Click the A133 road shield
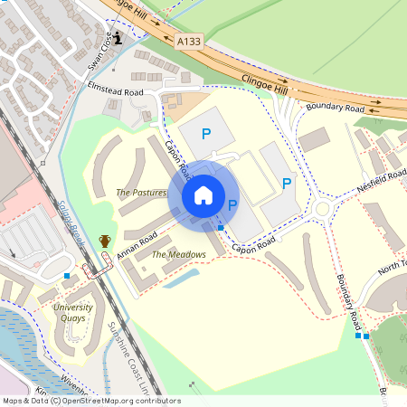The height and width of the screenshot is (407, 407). [190, 41]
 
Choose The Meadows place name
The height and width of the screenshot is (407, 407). [178, 255]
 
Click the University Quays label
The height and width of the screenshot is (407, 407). [72, 313]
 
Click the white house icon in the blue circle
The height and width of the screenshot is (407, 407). [203, 195]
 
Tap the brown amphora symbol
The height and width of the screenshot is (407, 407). [105, 241]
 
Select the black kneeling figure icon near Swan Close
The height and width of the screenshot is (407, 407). [117, 37]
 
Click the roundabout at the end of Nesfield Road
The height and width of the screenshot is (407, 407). [326, 213]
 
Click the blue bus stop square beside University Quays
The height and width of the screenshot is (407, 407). [67, 275]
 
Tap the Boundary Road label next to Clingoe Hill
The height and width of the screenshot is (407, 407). [335, 109]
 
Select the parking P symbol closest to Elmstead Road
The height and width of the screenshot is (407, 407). [206, 134]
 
